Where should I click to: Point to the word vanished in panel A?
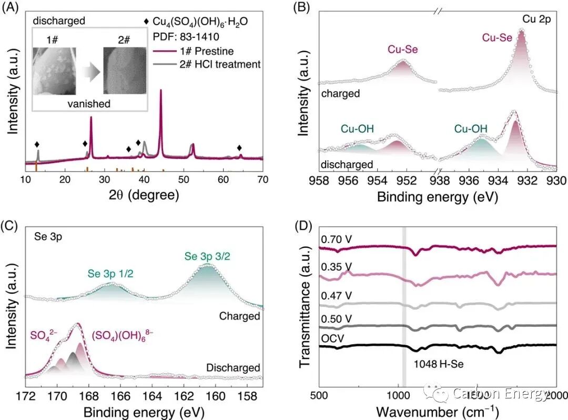pyautogui.click(x=89, y=104)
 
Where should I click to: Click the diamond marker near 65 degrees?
pyautogui.click(x=240, y=148)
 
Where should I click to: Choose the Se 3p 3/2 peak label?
pyautogui.click(x=207, y=257)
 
